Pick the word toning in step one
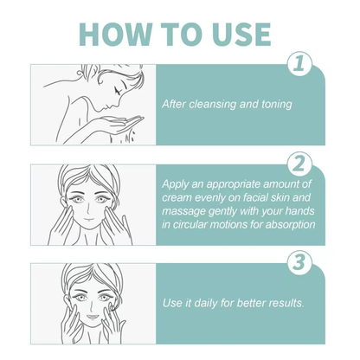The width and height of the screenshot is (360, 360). coord(273,105)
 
